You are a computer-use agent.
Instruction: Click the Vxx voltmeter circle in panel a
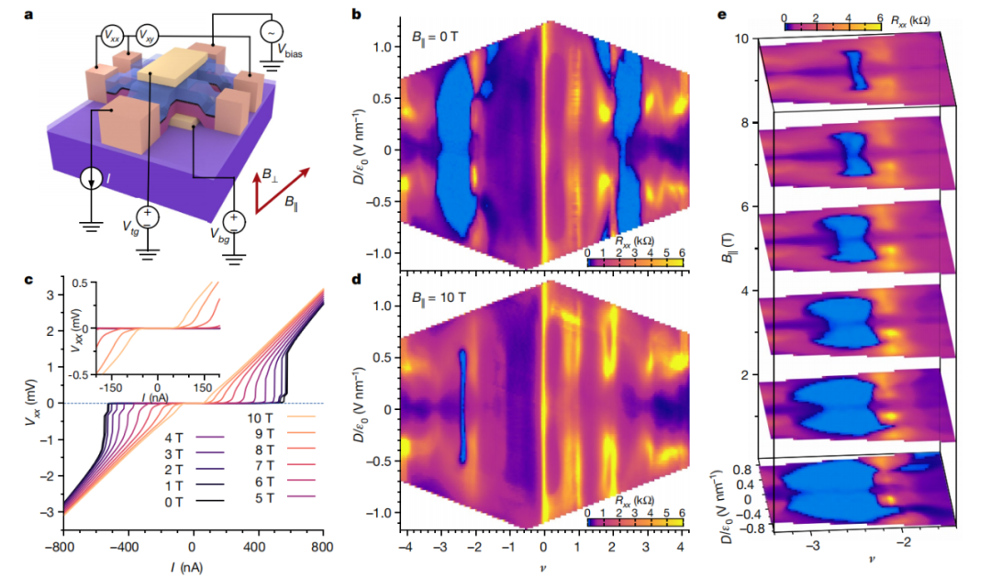(x=110, y=35)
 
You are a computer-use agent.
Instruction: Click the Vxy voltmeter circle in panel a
(x=146, y=35)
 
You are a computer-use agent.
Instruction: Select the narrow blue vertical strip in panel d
(x=463, y=406)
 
